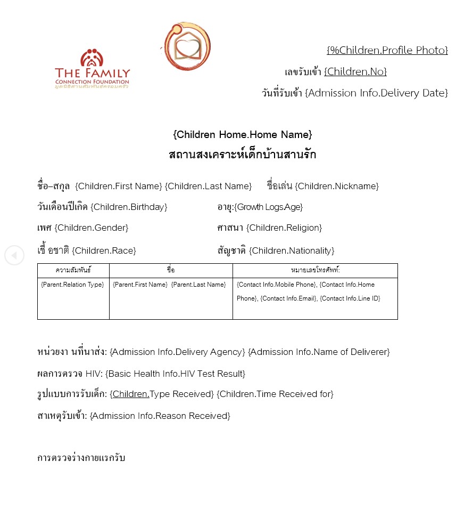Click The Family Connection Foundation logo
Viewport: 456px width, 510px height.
(x=92, y=68)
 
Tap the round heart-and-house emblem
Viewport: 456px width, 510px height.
(x=187, y=46)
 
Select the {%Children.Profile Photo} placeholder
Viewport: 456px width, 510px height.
(x=387, y=50)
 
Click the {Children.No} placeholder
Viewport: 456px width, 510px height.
(x=355, y=71)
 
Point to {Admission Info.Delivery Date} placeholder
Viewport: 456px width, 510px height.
(x=376, y=93)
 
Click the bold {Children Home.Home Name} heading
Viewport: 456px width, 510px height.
(x=242, y=134)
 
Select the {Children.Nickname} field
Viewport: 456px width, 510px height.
(x=337, y=186)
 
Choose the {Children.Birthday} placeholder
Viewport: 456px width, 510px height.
(x=129, y=207)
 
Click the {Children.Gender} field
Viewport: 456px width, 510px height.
(x=91, y=228)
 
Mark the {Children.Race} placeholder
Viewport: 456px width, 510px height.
(x=104, y=250)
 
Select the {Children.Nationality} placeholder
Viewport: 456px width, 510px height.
(x=292, y=250)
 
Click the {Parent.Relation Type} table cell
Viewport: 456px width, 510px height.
(x=72, y=285)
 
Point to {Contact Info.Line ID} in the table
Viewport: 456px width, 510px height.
(x=350, y=298)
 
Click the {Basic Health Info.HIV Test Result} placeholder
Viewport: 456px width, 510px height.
(x=175, y=374)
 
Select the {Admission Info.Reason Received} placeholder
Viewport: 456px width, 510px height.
(x=160, y=416)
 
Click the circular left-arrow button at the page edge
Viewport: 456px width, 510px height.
(x=14, y=255)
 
